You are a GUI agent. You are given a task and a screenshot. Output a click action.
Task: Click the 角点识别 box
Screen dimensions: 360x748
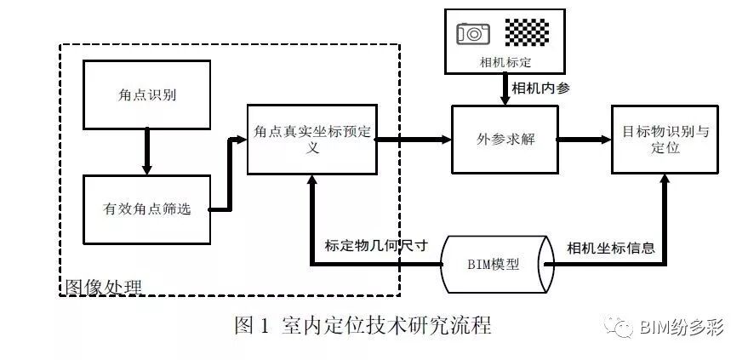tap(146, 94)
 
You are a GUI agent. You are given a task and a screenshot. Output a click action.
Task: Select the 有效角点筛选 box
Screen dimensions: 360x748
tap(146, 209)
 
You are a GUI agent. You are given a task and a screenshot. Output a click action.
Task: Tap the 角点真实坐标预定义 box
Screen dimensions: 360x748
tap(311, 140)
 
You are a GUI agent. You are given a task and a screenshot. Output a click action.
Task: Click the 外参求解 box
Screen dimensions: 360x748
tap(505, 140)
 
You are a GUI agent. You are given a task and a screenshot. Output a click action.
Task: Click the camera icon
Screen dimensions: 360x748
tap(473, 33)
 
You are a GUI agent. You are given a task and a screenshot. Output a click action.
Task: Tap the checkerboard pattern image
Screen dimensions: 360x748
tap(528, 32)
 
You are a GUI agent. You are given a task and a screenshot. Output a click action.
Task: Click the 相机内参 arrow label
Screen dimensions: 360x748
tap(541, 89)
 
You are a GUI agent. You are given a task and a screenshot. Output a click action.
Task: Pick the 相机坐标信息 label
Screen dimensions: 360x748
tap(611, 249)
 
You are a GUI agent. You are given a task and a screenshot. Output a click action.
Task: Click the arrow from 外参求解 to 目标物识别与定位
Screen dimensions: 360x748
tap(585, 140)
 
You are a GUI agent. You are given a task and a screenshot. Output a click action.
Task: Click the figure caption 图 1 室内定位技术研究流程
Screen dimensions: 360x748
tap(363, 325)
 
